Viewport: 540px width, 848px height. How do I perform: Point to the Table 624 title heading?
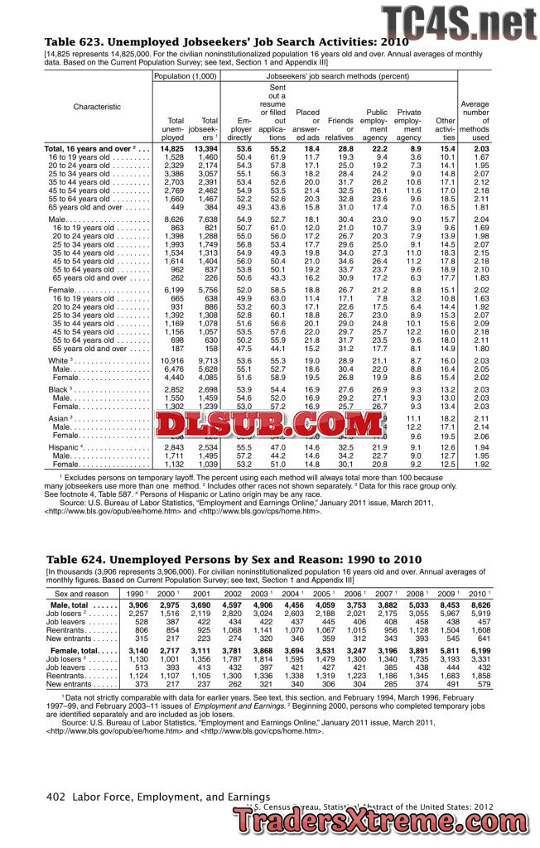[x=234, y=560]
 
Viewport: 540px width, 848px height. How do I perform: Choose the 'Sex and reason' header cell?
[x=82, y=594]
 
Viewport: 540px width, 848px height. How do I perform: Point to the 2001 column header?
[x=201, y=594]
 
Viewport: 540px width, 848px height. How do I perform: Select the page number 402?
[x=56, y=796]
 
